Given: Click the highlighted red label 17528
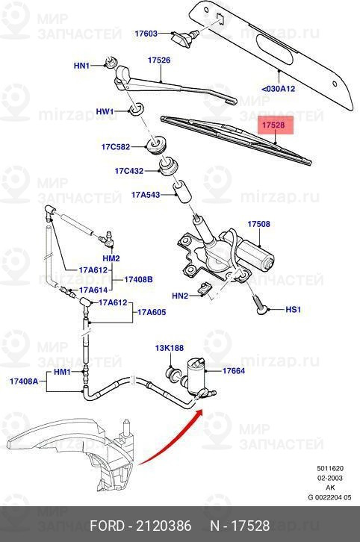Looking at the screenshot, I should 272,127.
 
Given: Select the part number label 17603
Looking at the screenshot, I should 146,34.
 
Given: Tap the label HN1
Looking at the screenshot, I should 81,66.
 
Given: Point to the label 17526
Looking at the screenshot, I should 159,60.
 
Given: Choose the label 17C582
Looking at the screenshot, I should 116,146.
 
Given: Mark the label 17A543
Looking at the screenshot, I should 146,195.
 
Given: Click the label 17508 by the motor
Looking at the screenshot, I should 258,223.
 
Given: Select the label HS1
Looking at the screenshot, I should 294,308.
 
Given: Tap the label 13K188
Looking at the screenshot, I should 169,348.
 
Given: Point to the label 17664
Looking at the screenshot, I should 234,371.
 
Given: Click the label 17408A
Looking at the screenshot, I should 25,381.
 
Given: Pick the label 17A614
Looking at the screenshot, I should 95,290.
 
